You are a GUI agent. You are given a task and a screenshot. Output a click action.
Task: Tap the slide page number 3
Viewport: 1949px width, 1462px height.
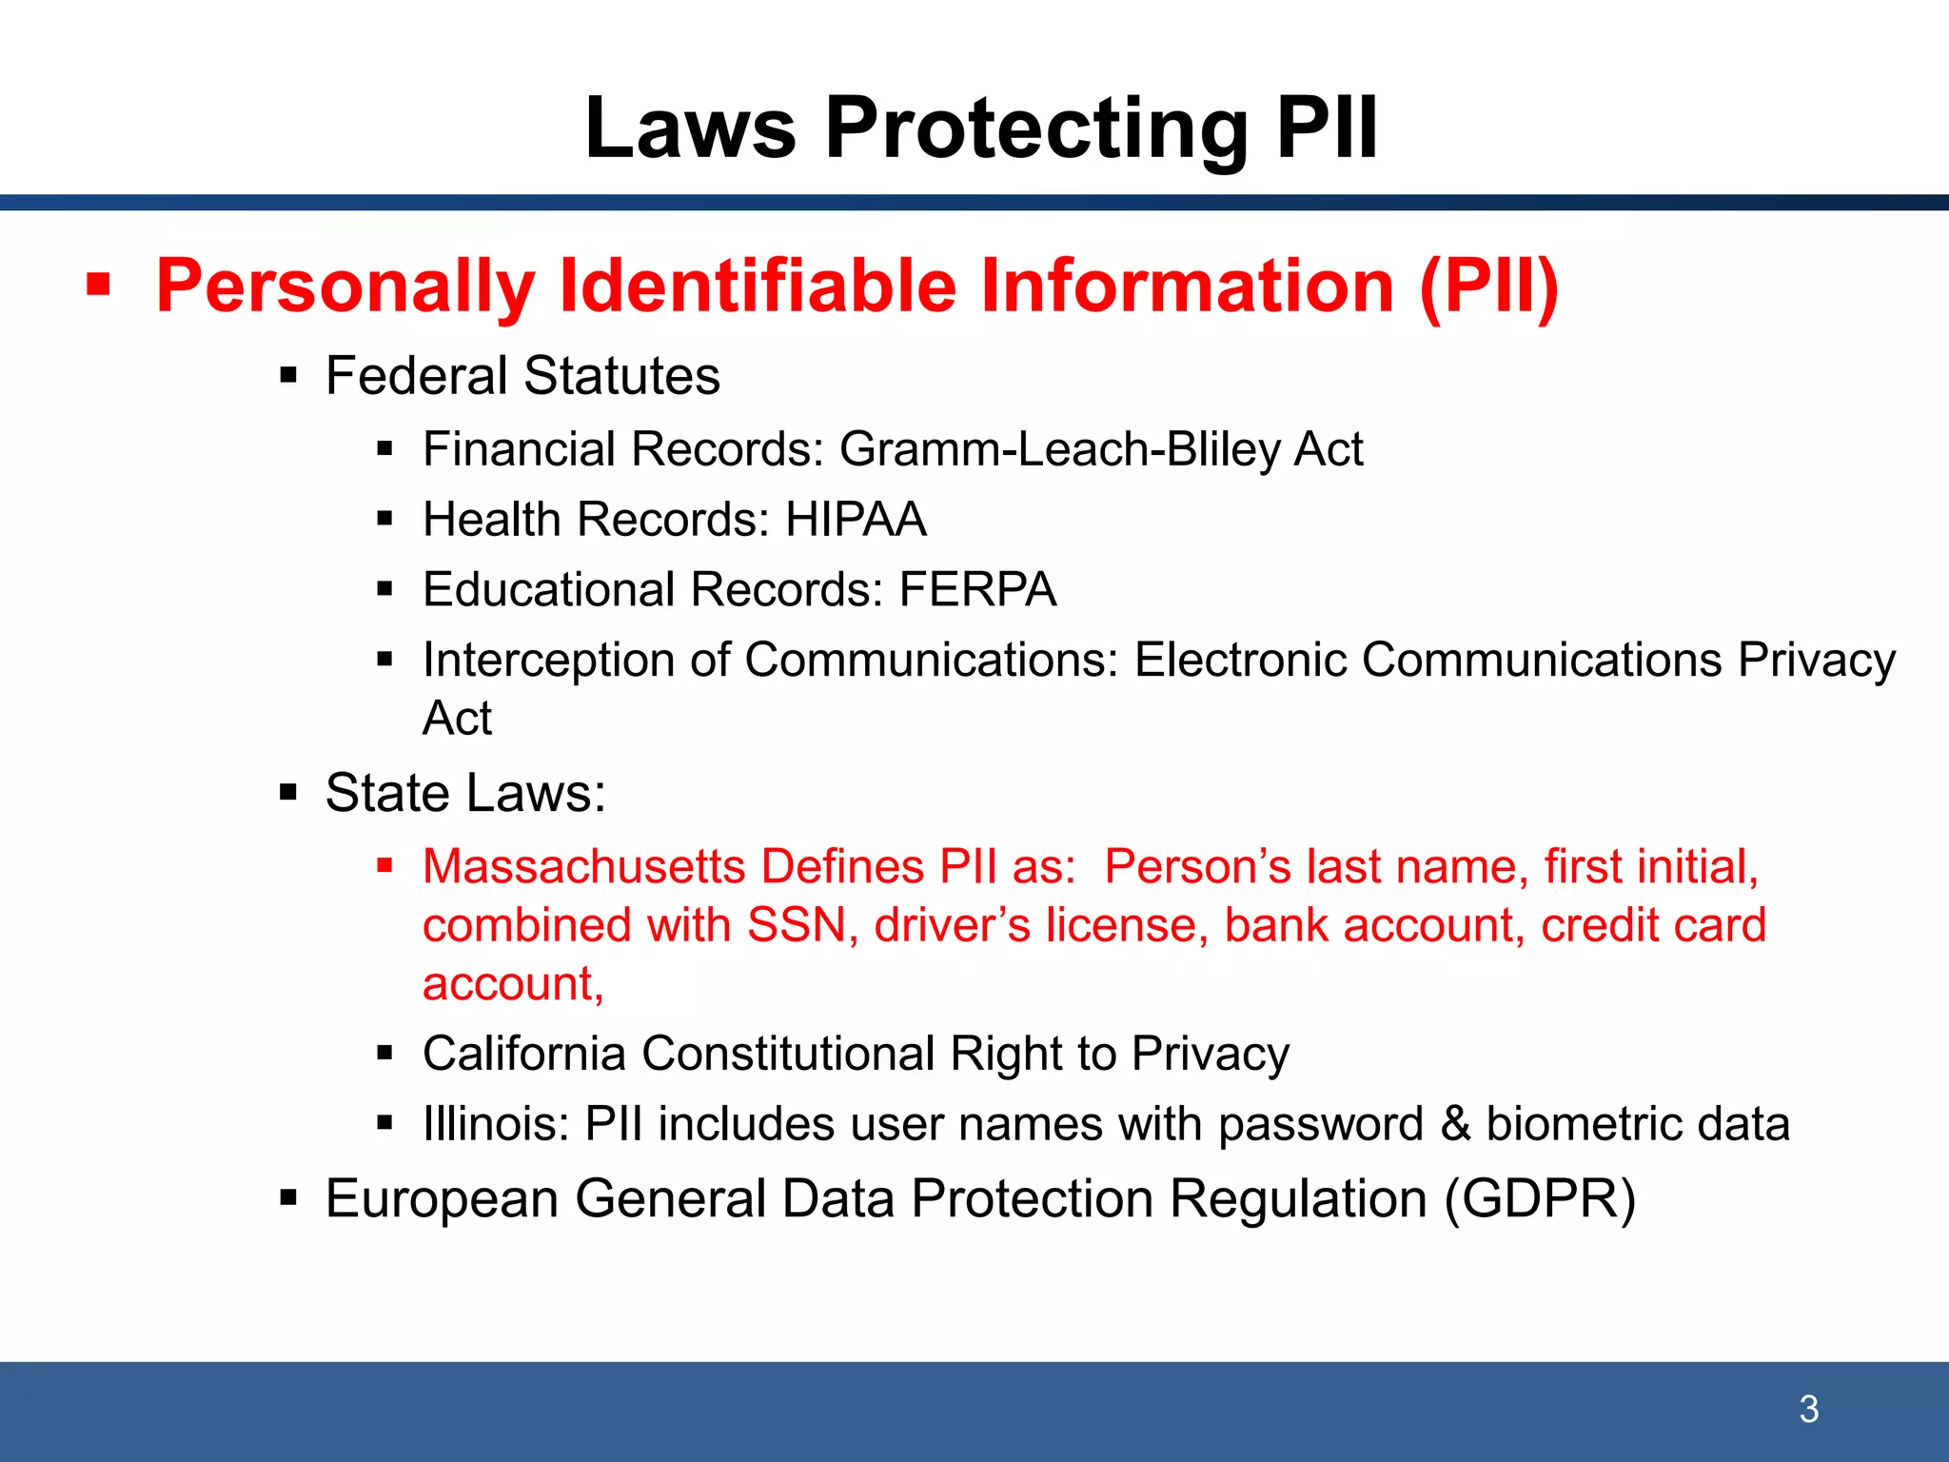coord(1809,1409)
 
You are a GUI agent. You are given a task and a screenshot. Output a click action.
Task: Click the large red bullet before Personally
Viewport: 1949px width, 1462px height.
coord(98,285)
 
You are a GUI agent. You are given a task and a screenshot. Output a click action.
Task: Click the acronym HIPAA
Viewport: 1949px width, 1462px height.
coord(856,520)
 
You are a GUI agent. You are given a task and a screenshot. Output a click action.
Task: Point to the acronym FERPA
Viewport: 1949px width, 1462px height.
coord(977,589)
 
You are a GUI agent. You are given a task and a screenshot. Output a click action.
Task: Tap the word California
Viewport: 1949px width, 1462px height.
coord(524,1054)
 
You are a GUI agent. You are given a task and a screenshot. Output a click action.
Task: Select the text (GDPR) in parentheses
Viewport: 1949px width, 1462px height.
coord(1539,1198)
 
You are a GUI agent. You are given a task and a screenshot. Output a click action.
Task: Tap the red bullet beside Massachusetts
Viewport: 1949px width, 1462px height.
coord(384,865)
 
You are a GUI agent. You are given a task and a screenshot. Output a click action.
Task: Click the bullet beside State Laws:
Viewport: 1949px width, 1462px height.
coord(288,792)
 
